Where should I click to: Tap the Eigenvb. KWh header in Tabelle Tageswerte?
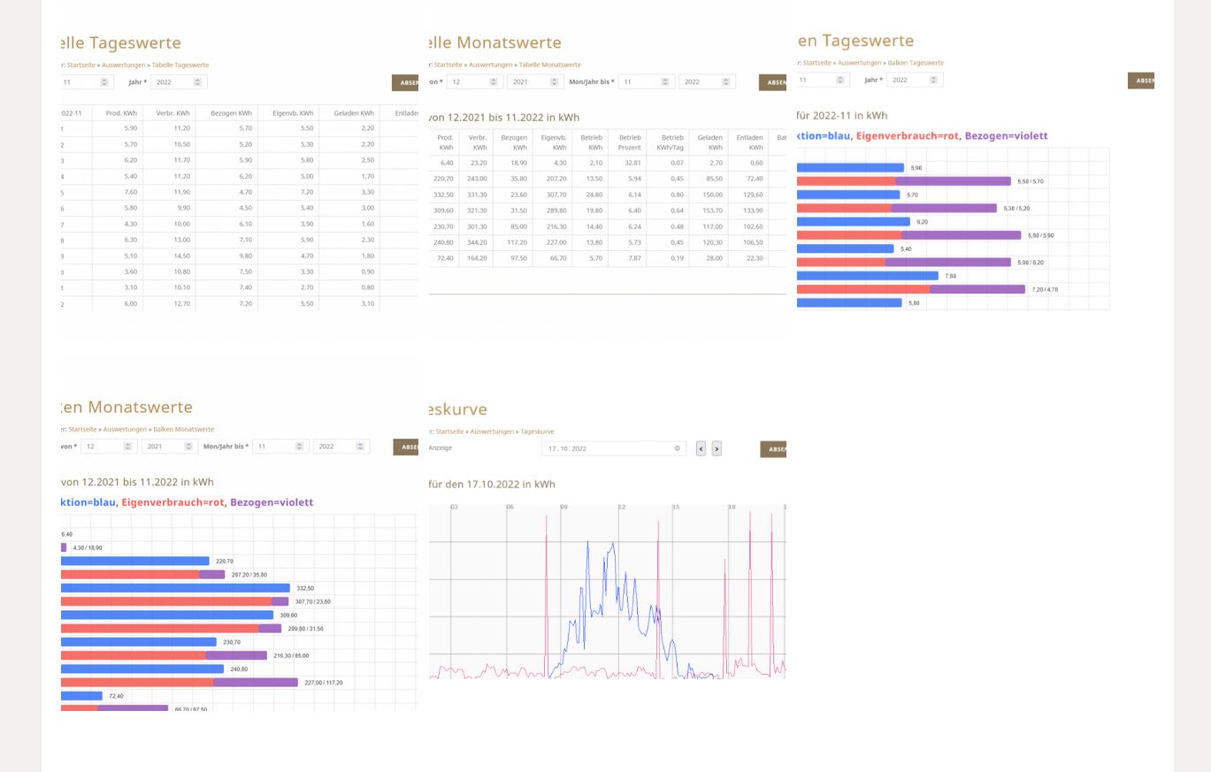click(x=293, y=113)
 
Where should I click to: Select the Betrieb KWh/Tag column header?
click(x=672, y=142)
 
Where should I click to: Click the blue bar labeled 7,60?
click(x=867, y=276)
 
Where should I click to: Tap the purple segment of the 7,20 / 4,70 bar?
click(x=977, y=289)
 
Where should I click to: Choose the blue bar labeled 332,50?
click(x=175, y=588)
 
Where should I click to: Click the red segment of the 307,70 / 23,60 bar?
click(x=166, y=601)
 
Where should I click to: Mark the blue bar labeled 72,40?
click(x=81, y=696)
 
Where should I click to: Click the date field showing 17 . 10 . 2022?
click(x=610, y=448)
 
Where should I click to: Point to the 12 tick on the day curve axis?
click(x=621, y=507)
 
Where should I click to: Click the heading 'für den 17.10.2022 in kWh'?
click(x=492, y=484)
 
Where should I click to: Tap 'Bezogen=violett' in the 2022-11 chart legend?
click(x=1006, y=136)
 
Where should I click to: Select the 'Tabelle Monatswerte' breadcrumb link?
click(x=549, y=65)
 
